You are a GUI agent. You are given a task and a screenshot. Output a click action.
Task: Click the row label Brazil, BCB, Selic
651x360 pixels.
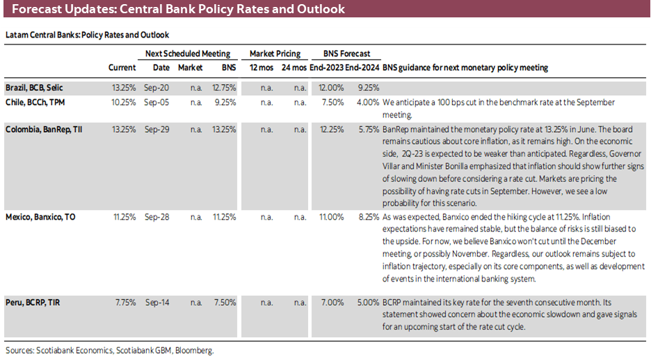[35, 88]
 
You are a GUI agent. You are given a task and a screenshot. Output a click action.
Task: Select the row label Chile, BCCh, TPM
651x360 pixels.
[35, 102]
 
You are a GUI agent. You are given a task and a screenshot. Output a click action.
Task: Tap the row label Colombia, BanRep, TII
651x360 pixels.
[44, 129]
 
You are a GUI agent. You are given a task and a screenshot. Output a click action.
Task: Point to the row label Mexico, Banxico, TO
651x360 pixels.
[40, 217]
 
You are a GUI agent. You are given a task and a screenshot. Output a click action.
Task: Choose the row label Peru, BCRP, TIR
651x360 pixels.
[32, 303]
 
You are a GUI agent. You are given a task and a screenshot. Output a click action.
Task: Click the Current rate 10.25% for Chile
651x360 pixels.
[123, 102]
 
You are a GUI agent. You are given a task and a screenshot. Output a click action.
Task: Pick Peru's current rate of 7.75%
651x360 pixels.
[124, 303]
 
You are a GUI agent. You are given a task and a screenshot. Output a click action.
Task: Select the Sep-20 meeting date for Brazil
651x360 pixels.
[161, 88]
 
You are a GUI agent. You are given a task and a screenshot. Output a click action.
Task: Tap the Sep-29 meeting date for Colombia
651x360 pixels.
[161, 129]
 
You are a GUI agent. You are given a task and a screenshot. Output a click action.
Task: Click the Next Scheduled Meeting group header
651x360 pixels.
[188, 54]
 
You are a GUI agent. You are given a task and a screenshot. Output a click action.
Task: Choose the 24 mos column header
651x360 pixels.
[294, 68]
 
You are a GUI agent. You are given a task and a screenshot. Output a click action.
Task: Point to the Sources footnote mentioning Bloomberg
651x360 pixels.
[109, 351]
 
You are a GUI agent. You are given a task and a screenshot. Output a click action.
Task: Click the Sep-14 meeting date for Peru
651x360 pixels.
[161, 303]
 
